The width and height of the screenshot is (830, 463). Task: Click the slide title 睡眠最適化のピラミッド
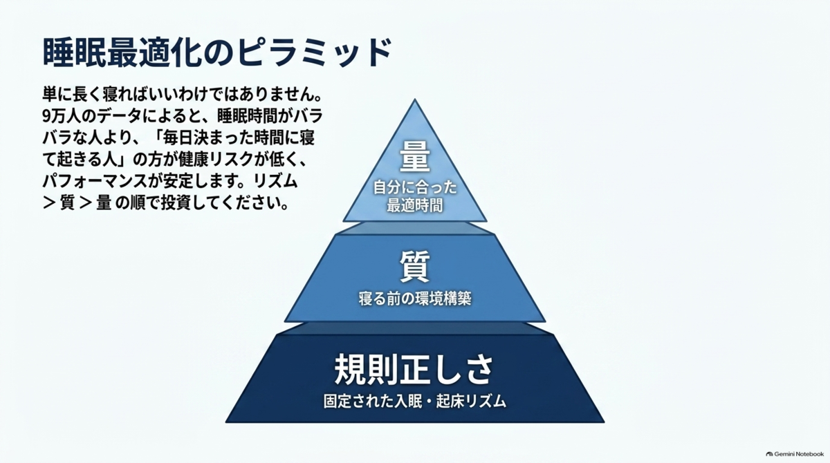tap(217, 53)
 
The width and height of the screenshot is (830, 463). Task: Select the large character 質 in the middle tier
tap(415, 266)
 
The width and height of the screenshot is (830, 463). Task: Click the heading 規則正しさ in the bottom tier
tap(414, 370)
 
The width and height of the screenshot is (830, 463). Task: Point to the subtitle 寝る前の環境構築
tap(415, 299)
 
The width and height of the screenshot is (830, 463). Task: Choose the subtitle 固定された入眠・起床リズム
tap(414, 401)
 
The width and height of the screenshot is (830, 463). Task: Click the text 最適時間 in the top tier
tap(415, 205)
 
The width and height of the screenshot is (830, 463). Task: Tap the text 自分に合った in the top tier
tap(415, 187)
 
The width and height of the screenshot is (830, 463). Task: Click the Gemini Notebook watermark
tap(795, 454)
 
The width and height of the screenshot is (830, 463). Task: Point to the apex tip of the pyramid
tap(415, 100)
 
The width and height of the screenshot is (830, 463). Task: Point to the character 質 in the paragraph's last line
tap(67, 203)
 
